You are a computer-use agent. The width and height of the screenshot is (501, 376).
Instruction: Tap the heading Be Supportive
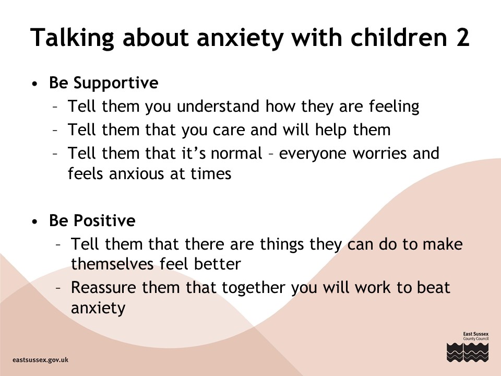coord(103,83)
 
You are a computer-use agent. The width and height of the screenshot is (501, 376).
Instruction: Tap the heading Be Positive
coord(92,220)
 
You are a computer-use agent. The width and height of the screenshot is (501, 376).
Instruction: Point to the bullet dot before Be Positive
coord(35,222)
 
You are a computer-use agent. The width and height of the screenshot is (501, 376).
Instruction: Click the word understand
coord(218,106)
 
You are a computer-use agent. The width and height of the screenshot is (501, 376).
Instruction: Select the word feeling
coord(394,107)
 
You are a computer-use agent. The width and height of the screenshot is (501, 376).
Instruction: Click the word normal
coord(236,154)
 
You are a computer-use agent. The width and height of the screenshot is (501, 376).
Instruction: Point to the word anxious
coord(136,174)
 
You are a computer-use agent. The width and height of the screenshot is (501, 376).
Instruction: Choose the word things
coord(281,245)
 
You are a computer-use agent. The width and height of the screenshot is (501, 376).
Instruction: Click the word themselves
coord(113,264)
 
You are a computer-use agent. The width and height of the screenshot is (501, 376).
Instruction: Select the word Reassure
coord(104,287)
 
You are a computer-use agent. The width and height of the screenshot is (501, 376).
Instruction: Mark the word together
coord(254,288)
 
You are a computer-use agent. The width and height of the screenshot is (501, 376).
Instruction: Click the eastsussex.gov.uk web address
coord(41,360)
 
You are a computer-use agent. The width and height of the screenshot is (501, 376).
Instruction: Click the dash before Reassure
coord(58,288)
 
